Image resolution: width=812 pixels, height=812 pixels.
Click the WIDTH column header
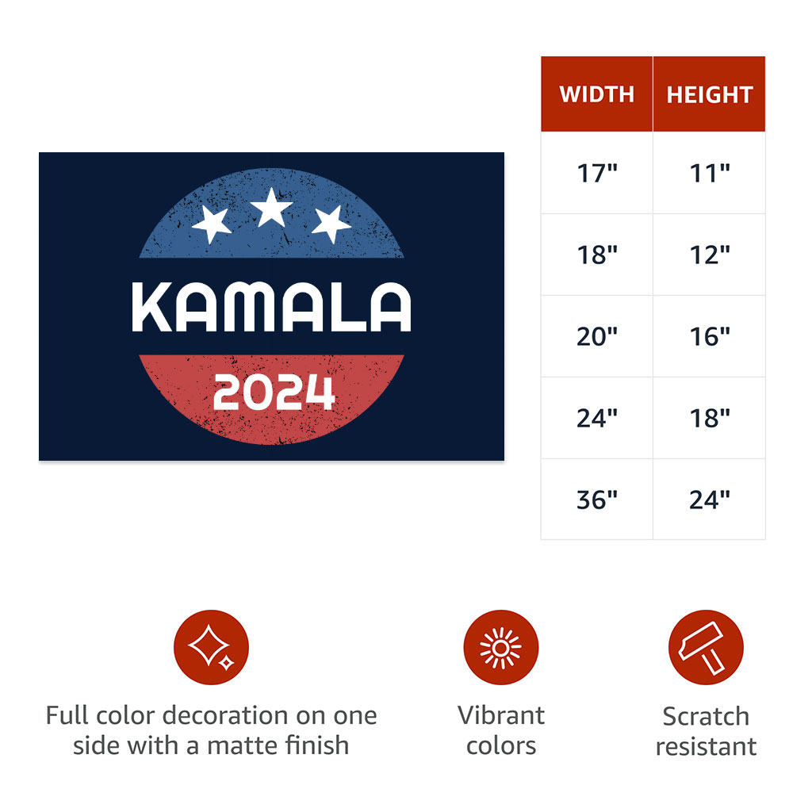tap(596, 94)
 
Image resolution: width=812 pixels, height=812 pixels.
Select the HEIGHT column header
tap(710, 94)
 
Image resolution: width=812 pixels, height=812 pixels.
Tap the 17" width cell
tap(596, 173)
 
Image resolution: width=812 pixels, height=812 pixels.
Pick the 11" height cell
tap(710, 173)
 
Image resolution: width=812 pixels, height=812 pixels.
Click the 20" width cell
tap(596, 336)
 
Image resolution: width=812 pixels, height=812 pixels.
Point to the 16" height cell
tap(710, 336)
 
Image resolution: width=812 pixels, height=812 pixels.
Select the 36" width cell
tap(596, 500)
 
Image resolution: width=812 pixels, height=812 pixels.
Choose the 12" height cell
tap(710, 255)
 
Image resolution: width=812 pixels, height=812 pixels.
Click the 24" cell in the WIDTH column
tap(596, 418)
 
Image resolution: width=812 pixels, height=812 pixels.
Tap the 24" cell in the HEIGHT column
tap(710, 500)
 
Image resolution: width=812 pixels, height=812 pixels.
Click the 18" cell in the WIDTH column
tap(596, 255)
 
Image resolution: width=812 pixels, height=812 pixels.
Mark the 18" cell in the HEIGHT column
tap(710, 418)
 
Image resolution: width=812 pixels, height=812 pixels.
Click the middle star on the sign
tap(271, 209)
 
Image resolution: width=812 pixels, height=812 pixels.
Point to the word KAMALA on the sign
tap(271, 307)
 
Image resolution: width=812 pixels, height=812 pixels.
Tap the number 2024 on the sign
tap(274, 392)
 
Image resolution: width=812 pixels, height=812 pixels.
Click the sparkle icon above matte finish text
tap(211, 647)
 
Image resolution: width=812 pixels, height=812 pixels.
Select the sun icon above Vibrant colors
tap(501, 647)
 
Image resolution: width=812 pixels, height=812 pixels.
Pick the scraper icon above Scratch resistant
tap(706, 647)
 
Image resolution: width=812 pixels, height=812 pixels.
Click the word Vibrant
tap(501, 716)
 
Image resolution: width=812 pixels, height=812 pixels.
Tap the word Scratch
tap(706, 717)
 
